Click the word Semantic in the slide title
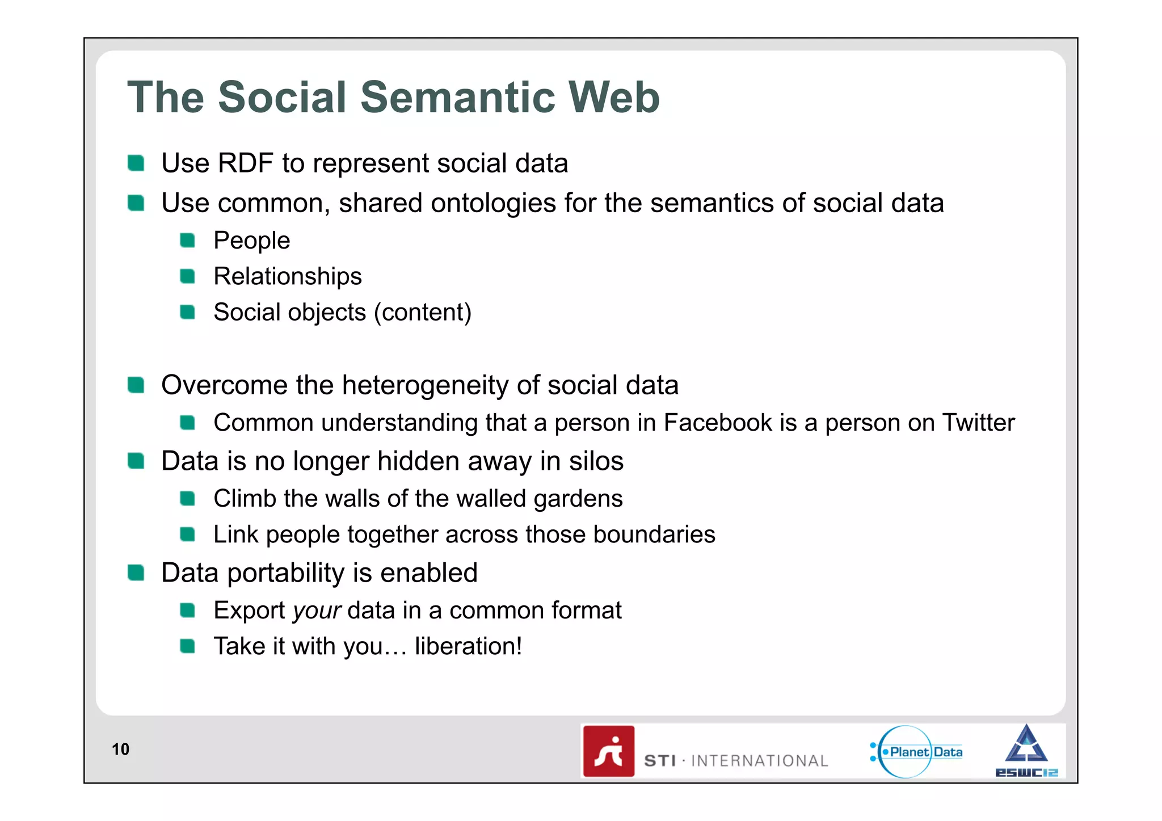[457, 97]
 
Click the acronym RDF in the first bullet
[245, 163]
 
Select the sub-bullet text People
[251, 241]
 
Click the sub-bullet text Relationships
[287, 276]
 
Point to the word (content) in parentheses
[422, 313]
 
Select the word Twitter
[978, 423]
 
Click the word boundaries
[654, 534]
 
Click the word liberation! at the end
[468, 646]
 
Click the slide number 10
[120, 750]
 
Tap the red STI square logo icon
[608, 751]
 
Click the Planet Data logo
[916, 752]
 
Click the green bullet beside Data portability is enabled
[136, 573]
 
